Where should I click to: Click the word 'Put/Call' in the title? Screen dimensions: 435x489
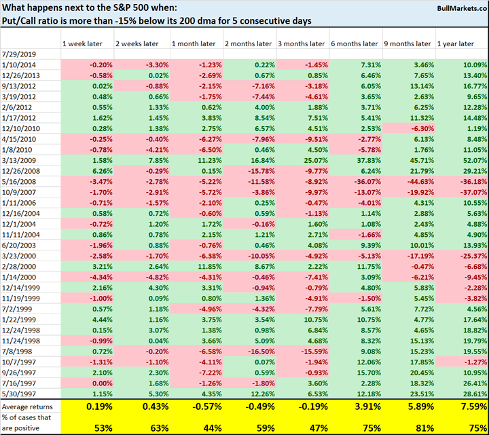click(20, 20)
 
